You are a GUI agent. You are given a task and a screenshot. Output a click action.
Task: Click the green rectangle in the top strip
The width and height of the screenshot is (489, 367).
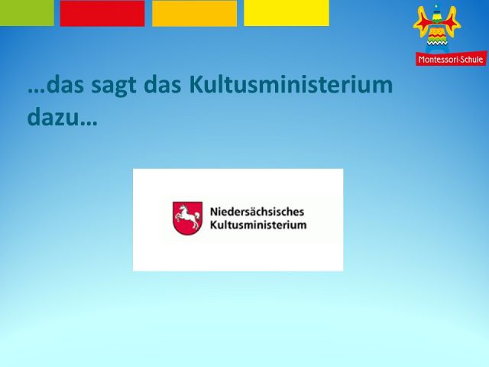pos(27,13)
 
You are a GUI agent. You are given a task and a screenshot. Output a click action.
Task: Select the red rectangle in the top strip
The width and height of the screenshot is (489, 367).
pos(102,13)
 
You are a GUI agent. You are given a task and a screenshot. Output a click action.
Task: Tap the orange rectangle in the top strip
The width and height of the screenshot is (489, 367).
pos(194,13)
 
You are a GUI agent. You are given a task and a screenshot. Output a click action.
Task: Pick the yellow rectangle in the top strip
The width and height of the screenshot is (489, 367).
pos(287,13)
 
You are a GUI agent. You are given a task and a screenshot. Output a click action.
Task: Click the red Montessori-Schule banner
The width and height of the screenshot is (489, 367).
pos(451,59)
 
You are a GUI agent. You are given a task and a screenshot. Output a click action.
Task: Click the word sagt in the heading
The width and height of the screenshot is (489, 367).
pos(114,86)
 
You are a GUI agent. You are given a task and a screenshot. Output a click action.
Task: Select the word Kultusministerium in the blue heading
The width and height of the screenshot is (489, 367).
pos(290,84)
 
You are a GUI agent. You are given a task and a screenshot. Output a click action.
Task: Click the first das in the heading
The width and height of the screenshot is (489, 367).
pos(65,84)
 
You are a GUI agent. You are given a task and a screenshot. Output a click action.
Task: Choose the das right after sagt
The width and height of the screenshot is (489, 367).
pos(163,84)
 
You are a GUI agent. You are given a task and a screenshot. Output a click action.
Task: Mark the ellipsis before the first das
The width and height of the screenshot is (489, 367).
pos(36,91)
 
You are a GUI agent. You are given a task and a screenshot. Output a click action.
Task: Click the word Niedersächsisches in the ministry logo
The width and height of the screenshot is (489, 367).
pos(257,212)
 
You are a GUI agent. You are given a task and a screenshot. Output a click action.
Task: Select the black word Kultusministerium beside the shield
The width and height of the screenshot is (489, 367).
pos(258,225)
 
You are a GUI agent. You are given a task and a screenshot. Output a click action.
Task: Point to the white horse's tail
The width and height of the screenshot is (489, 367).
pos(197,216)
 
